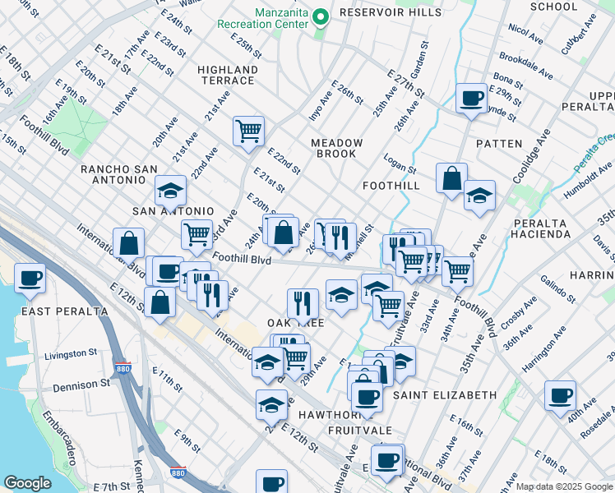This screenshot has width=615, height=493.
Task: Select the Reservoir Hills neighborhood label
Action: point(390,12)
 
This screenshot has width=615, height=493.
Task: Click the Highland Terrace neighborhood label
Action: point(227,75)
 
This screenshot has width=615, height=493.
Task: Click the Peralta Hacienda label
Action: point(541,228)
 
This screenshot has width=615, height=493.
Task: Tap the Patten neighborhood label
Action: point(498,144)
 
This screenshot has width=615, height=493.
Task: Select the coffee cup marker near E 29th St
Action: point(471,99)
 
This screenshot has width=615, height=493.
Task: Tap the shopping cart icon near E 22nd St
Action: point(247,130)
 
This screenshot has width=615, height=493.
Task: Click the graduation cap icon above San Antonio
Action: point(170,191)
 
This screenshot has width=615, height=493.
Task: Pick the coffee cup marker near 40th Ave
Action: point(560,395)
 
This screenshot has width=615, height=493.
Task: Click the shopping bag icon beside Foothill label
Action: point(451,178)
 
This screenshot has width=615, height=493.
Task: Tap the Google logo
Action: point(27,483)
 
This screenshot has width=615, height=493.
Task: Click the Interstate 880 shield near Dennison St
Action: point(122,371)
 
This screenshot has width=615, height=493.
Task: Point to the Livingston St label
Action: point(71,354)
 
